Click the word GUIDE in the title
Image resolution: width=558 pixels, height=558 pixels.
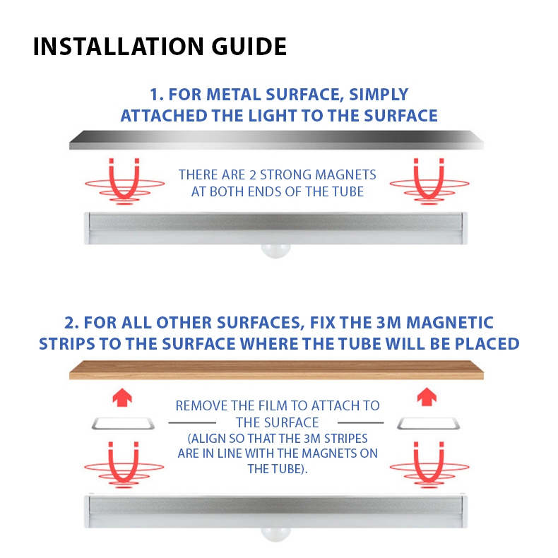(x=249, y=47)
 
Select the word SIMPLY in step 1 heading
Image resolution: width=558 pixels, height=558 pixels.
(x=379, y=95)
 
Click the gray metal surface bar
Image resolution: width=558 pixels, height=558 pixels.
(x=276, y=141)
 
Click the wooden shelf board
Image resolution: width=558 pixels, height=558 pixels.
(x=276, y=370)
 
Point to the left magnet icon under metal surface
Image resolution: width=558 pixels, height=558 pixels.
(x=124, y=182)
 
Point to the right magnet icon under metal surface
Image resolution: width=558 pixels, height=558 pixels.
(x=429, y=182)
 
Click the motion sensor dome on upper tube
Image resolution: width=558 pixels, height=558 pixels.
(x=275, y=251)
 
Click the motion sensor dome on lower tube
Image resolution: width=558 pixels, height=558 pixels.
(x=275, y=534)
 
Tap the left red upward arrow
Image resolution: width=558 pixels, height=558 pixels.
(x=122, y=398)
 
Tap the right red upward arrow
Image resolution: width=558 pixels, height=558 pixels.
(x=427, y=398)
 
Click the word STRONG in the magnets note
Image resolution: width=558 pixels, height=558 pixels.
(x=286, y=174)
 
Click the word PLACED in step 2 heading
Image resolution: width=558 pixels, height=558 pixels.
(x=487, y=344)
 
